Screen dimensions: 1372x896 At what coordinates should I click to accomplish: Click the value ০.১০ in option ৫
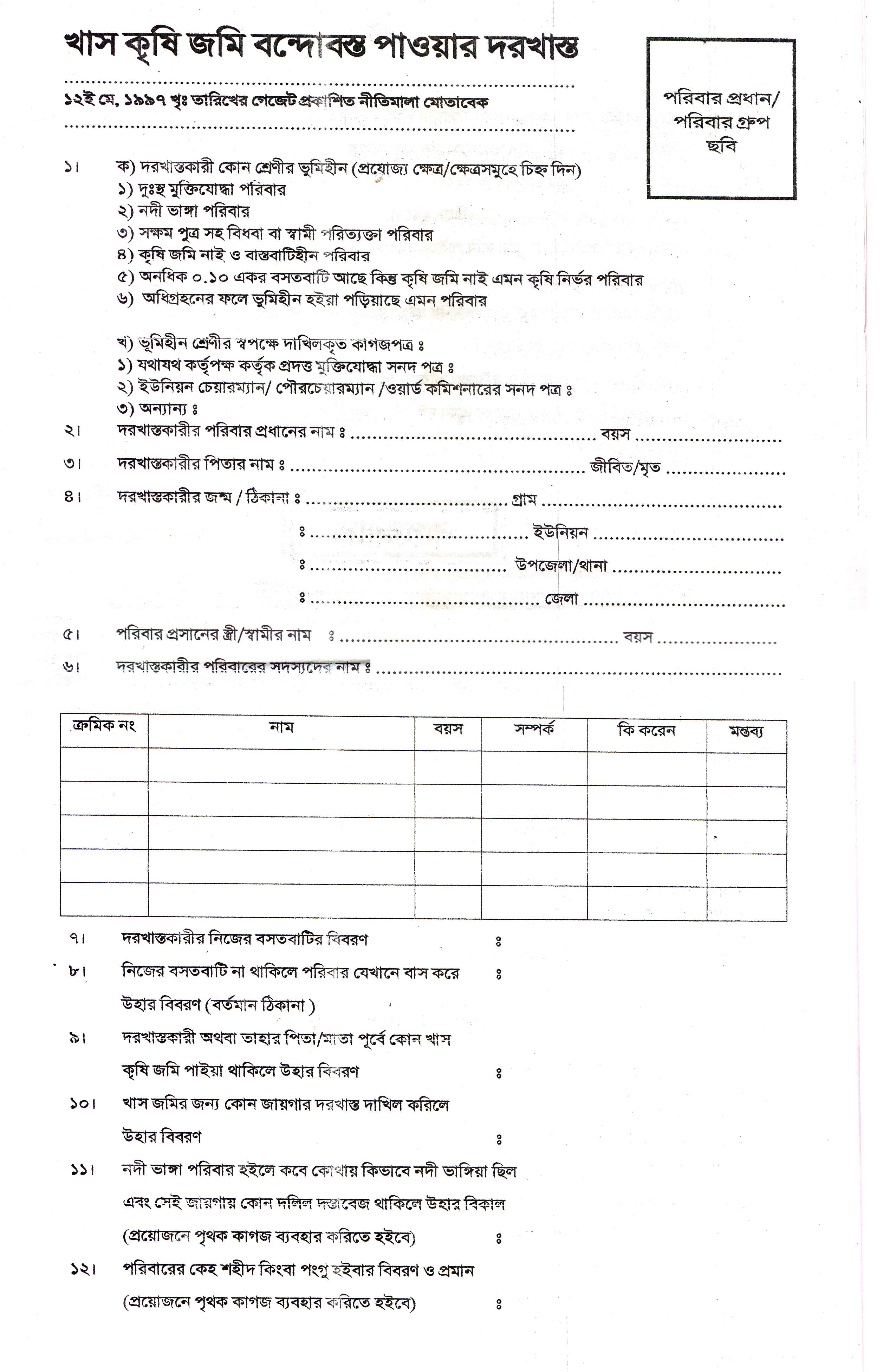212,278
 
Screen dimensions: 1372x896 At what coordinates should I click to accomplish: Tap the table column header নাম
281,728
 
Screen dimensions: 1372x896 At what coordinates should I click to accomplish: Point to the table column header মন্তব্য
746,732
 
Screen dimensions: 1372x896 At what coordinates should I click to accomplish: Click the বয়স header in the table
448,729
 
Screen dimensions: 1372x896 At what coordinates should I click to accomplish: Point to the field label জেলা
562,599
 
